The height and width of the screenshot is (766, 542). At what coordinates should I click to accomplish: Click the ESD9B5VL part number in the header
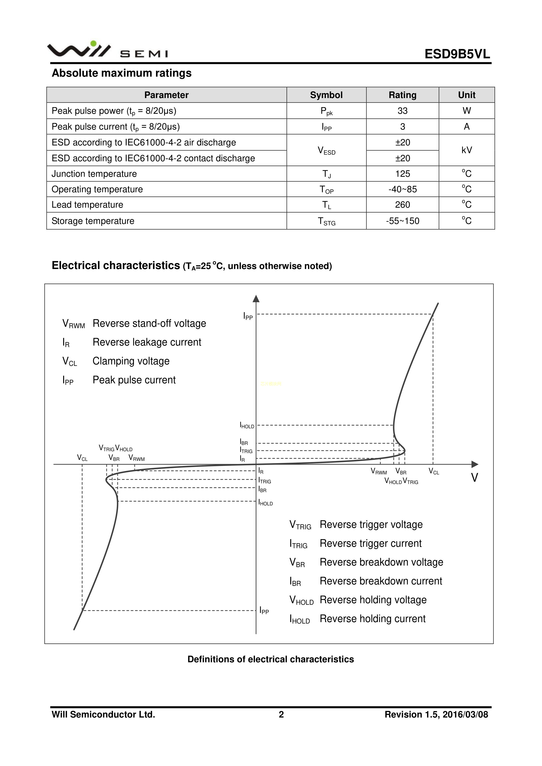(x=457, y=54)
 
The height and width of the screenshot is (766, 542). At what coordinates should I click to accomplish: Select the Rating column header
(x=402, y=95)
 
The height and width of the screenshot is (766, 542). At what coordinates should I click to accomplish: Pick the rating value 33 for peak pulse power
(x=402, y=111)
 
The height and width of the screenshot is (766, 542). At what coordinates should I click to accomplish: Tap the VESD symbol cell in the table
(x=326, y=150)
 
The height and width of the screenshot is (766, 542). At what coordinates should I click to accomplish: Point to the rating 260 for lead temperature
(x=402, y=205)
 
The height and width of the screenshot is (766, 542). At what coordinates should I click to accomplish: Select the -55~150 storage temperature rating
(x=402, y=221)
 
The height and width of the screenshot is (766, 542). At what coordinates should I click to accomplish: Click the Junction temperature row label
(x=94, y=174)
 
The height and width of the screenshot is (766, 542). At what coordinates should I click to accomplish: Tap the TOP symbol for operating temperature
(x=326, y=190)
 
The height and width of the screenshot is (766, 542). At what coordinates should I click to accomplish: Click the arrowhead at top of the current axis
(x=256, y=298)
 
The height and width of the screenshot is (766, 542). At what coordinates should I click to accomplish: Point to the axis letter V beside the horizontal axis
(x=474, y=478)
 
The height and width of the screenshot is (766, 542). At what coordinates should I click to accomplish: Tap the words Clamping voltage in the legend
(x=131, y=361)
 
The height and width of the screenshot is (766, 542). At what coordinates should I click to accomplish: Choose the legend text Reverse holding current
(x=372, y=619)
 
